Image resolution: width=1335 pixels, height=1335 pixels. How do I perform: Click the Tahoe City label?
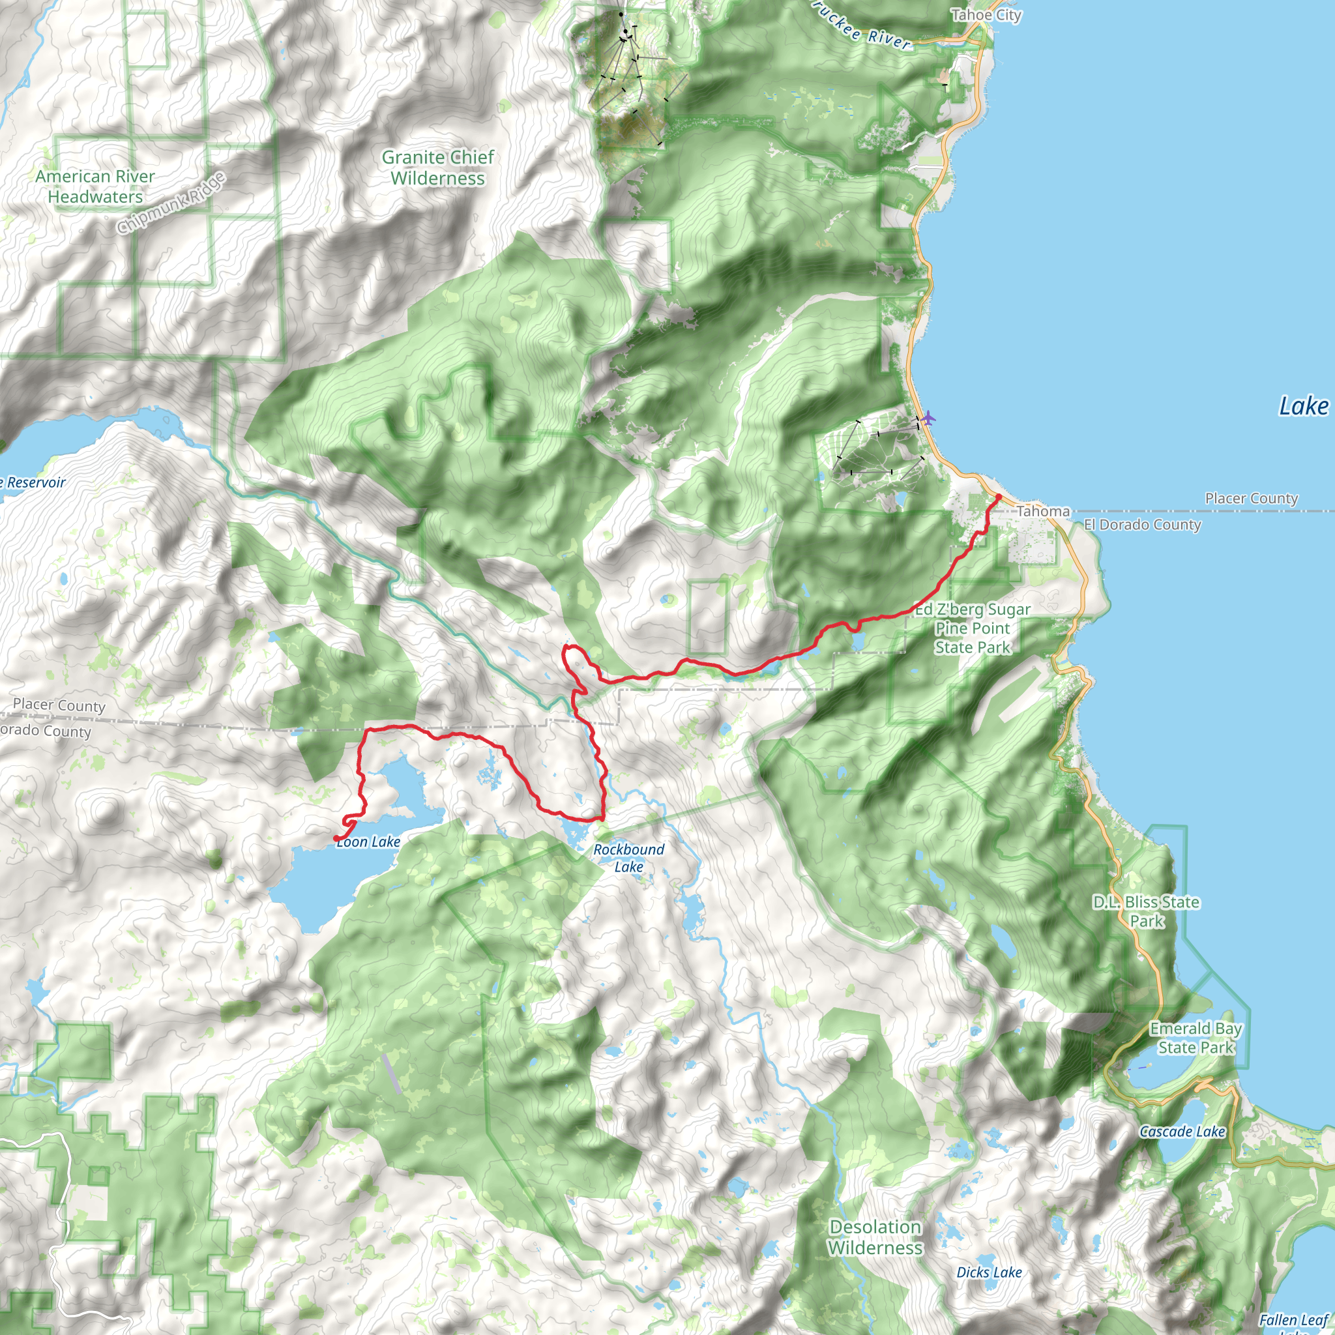tap(986, 15)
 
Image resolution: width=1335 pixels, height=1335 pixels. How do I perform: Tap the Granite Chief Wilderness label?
tap(437, 168)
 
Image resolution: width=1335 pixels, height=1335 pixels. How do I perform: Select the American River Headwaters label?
tap(95, 186)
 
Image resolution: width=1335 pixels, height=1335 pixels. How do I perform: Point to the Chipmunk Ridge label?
tap(171, 203)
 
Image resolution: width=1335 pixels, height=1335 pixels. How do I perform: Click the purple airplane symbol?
tap(928, 417)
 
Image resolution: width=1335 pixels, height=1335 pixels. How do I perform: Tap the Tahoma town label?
tap(1043, 511)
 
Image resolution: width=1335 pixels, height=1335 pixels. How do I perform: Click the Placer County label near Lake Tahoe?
tap(1251, 498)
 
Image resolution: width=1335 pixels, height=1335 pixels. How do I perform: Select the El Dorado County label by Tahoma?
tap(1141, 525)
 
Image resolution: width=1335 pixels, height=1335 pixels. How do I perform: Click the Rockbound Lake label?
tap(628, 858)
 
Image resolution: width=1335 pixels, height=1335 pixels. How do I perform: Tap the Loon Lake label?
tap(368, 842)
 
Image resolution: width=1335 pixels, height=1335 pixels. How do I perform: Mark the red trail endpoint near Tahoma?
tap(998, 497)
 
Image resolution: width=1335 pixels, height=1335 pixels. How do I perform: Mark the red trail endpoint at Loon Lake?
tap(336, 838)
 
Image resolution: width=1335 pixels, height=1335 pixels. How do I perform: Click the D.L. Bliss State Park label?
tap(1146, 911)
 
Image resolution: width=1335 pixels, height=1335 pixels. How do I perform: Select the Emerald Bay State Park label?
tap(1196, 1038)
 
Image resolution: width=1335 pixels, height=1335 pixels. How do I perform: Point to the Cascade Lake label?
tap(1182, 1131)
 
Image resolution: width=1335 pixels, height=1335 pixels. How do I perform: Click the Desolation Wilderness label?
tap(875, 1237)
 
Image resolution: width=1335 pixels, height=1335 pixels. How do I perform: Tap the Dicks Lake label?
tap(988, 1272)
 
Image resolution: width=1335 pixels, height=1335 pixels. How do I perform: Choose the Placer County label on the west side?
tap(59, 705)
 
